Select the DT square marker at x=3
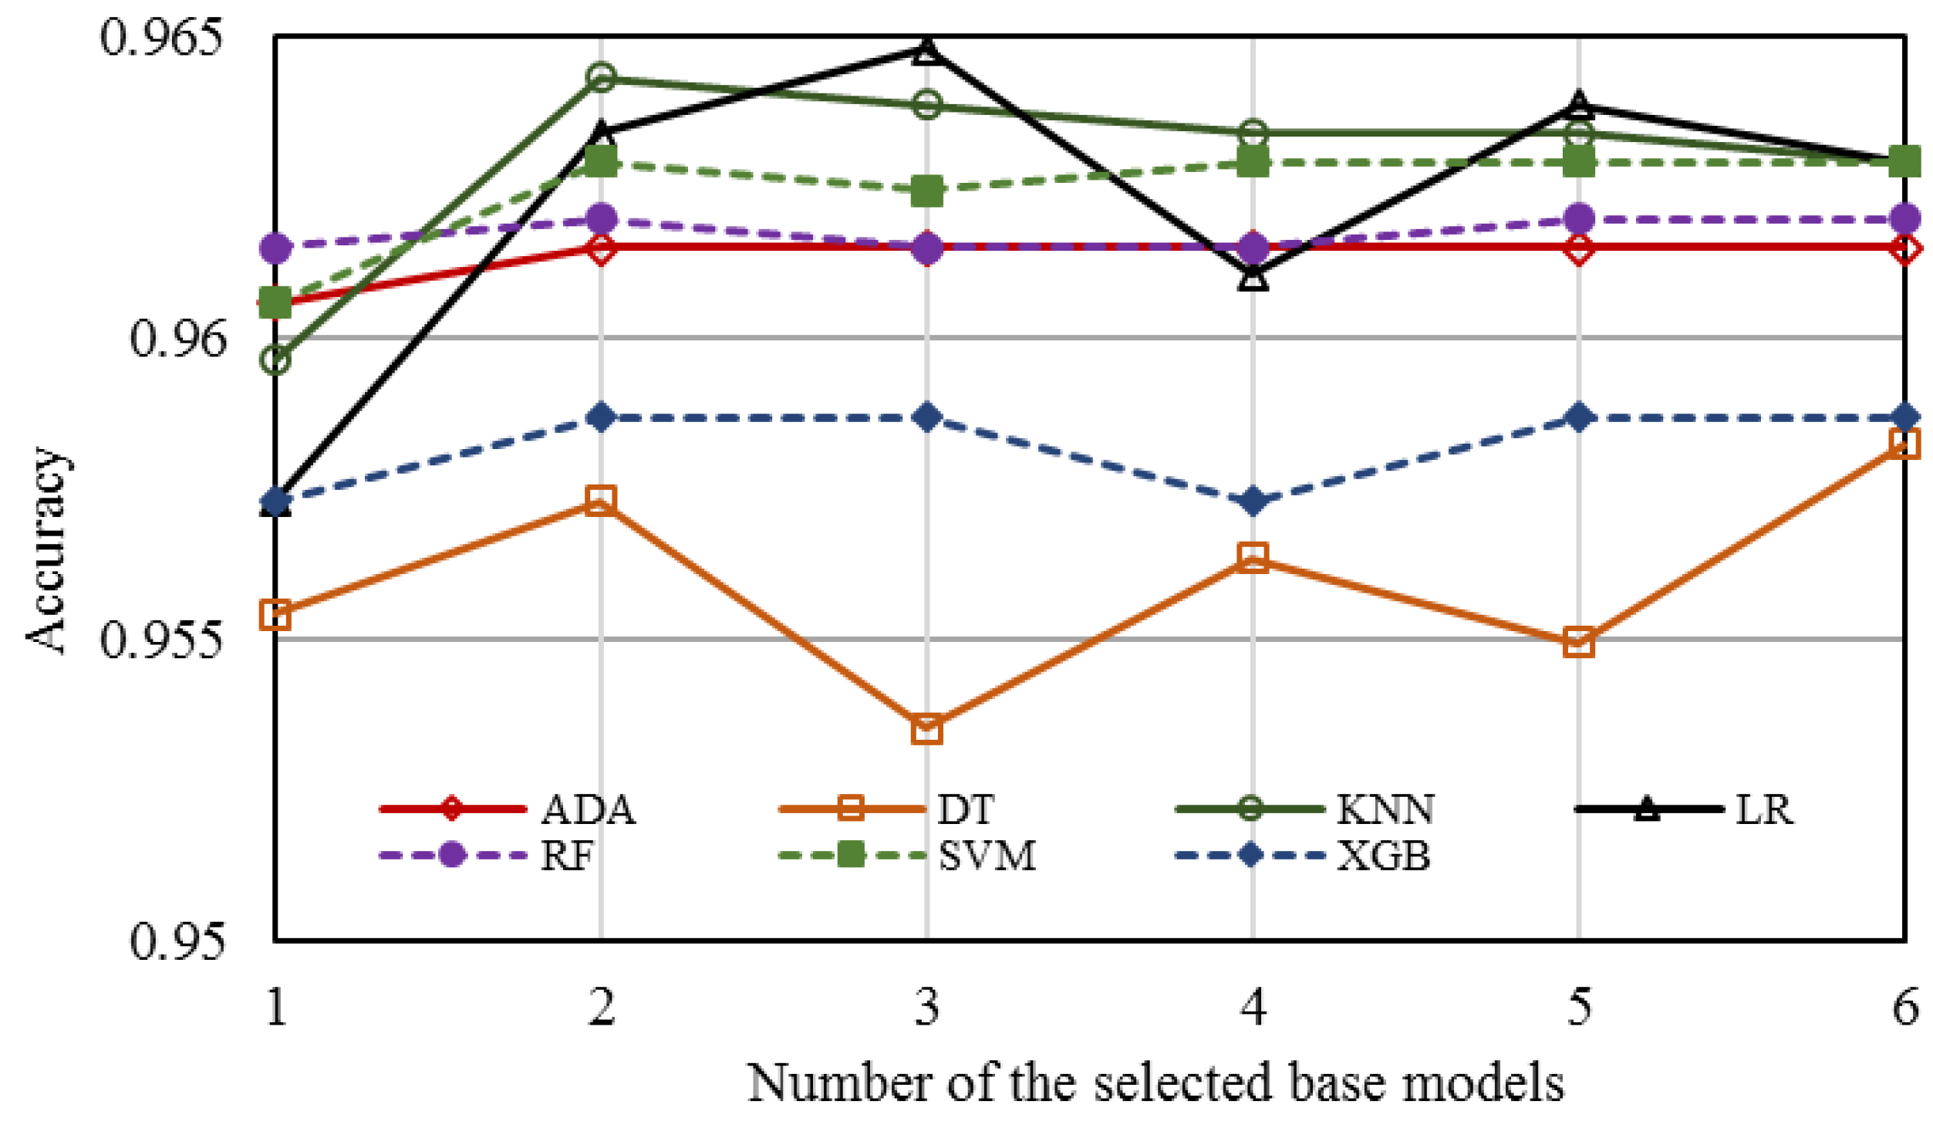(926, 729)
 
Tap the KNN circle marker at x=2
(601, 77)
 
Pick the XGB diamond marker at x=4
(1253, 501)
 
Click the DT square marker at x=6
(1904, 444)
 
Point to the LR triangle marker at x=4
(1253, 277)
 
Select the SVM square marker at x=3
(926, 191)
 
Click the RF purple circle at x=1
(275, 248)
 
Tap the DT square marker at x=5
(1578, 642)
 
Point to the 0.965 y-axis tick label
(161, 36)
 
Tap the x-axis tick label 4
(1253, 1007)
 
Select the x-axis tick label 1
(275, 1007)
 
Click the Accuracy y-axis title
(46, 549)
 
